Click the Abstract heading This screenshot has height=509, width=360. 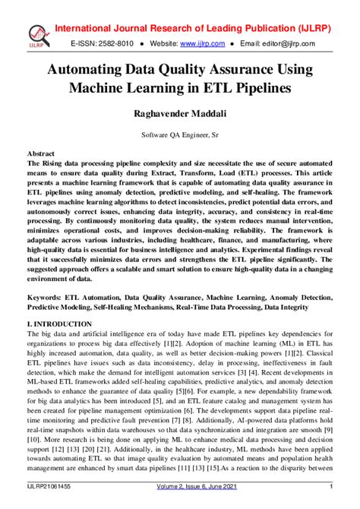coord(42,153)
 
